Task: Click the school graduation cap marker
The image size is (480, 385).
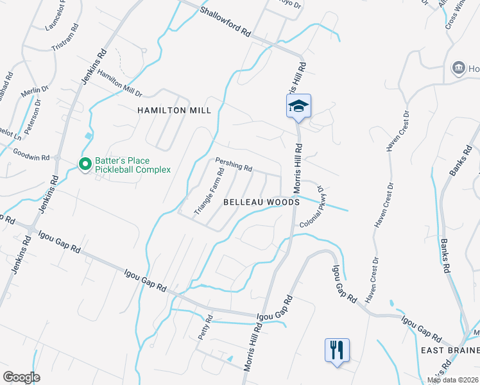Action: click(x=298, y=106)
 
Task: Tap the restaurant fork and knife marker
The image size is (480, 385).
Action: click(x=337, y=350)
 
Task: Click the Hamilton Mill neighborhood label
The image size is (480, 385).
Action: click(x=175, y=110)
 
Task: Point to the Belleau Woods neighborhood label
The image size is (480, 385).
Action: click(x=261, y=201)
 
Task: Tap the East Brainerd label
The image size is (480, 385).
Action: click(x=450, y=350)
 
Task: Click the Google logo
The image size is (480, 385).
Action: click(x=22, y=377)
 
